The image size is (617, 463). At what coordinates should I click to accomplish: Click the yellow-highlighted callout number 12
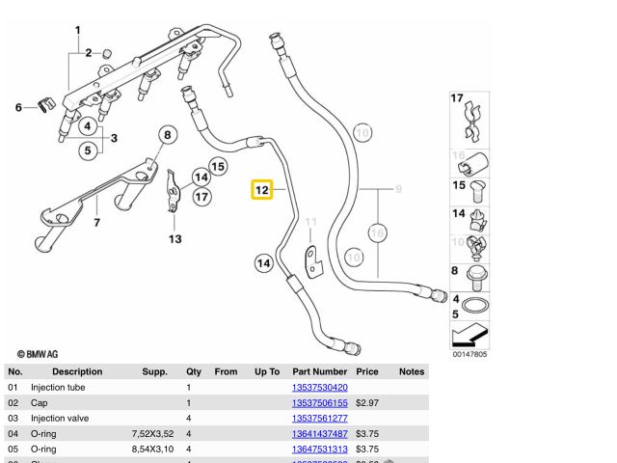(x=262, y=190)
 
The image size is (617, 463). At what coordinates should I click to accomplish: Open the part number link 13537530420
(x=319, y=387)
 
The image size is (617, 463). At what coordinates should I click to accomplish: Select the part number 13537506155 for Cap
(x=319, y=402)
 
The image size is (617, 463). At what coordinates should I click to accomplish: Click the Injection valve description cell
(x=61, y=418)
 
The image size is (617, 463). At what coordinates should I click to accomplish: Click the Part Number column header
(x=319, y=371)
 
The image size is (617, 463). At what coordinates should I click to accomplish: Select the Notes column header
(x=412, y=371)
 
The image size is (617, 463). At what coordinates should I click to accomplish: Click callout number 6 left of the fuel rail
(x=17, y=107)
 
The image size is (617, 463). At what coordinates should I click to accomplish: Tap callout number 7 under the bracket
(x=96, y=224)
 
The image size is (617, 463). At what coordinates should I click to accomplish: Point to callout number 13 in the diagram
(x=174, y=238)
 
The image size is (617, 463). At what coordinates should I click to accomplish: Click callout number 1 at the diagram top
(x=79, y=31)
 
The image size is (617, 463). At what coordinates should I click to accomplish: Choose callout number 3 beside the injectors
(x=113, y=138)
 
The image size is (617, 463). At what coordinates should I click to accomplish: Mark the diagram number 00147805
(x=470, y=354)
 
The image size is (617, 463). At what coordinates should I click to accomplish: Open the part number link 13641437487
(x=319, y=433)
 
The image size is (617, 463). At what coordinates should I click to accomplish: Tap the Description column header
(x=77, y=371)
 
